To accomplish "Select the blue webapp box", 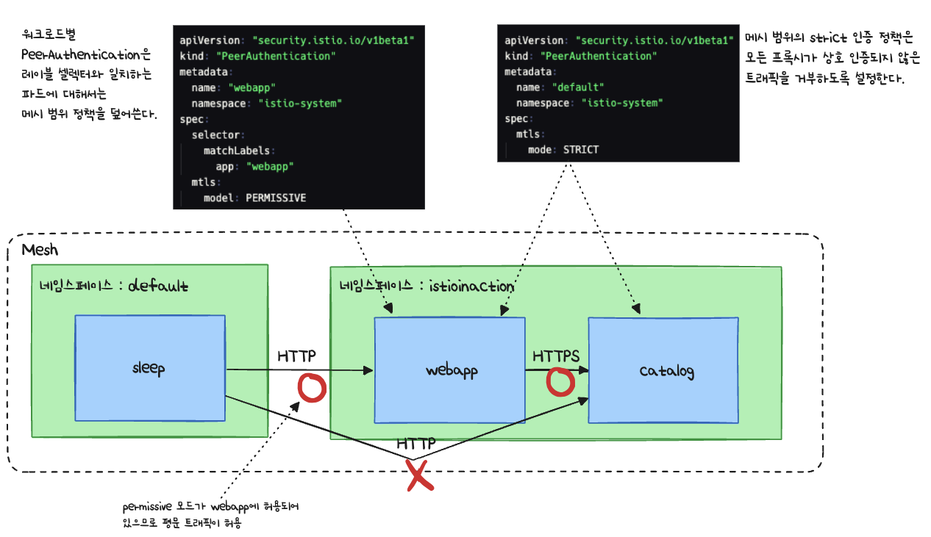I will (450, 370).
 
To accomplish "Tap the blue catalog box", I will (663, 370).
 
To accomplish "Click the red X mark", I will (418, 475).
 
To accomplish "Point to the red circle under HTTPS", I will (560, 381).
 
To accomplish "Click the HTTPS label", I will (556, 356).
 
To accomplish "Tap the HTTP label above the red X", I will (416, 444).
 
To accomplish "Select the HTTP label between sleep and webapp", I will (296, 356).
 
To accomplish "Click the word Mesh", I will (40, 250).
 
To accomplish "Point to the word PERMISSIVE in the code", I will (276, 198).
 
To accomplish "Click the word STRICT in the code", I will (581, 149).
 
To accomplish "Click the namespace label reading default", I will (158, 286).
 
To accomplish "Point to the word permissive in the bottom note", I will (147, 507).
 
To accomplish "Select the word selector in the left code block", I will (218, 134).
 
